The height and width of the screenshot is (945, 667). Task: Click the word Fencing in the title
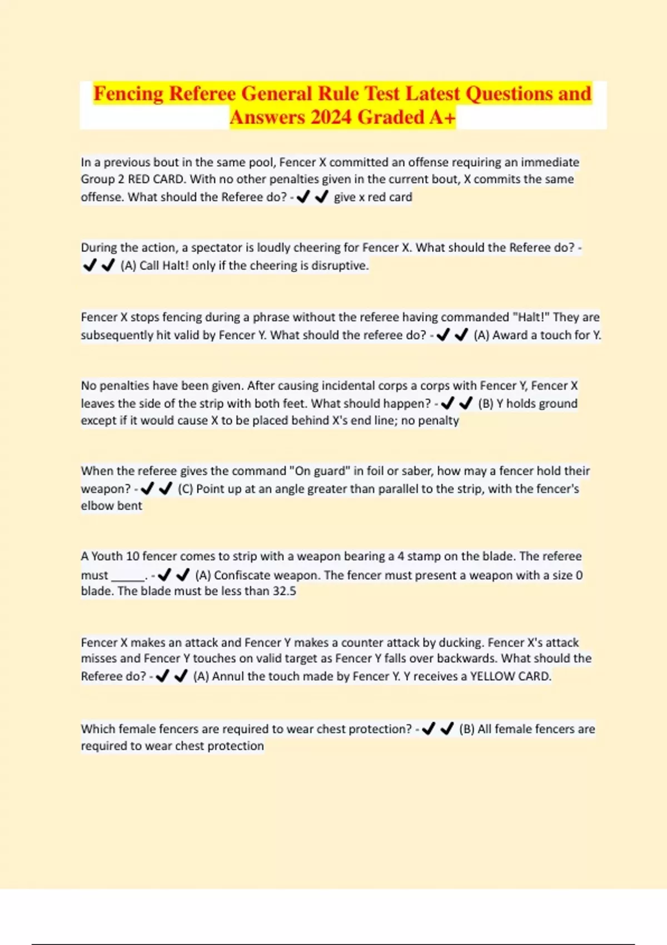pyautogui.click(x=128, y=93)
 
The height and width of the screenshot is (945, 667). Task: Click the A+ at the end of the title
pyautogui.click(x=442, y=117)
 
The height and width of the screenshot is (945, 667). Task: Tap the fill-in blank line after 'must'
pyautogui.click(x=128, y=576)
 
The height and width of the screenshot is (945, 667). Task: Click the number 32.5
pyautogui.click(x=284, y=590)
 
